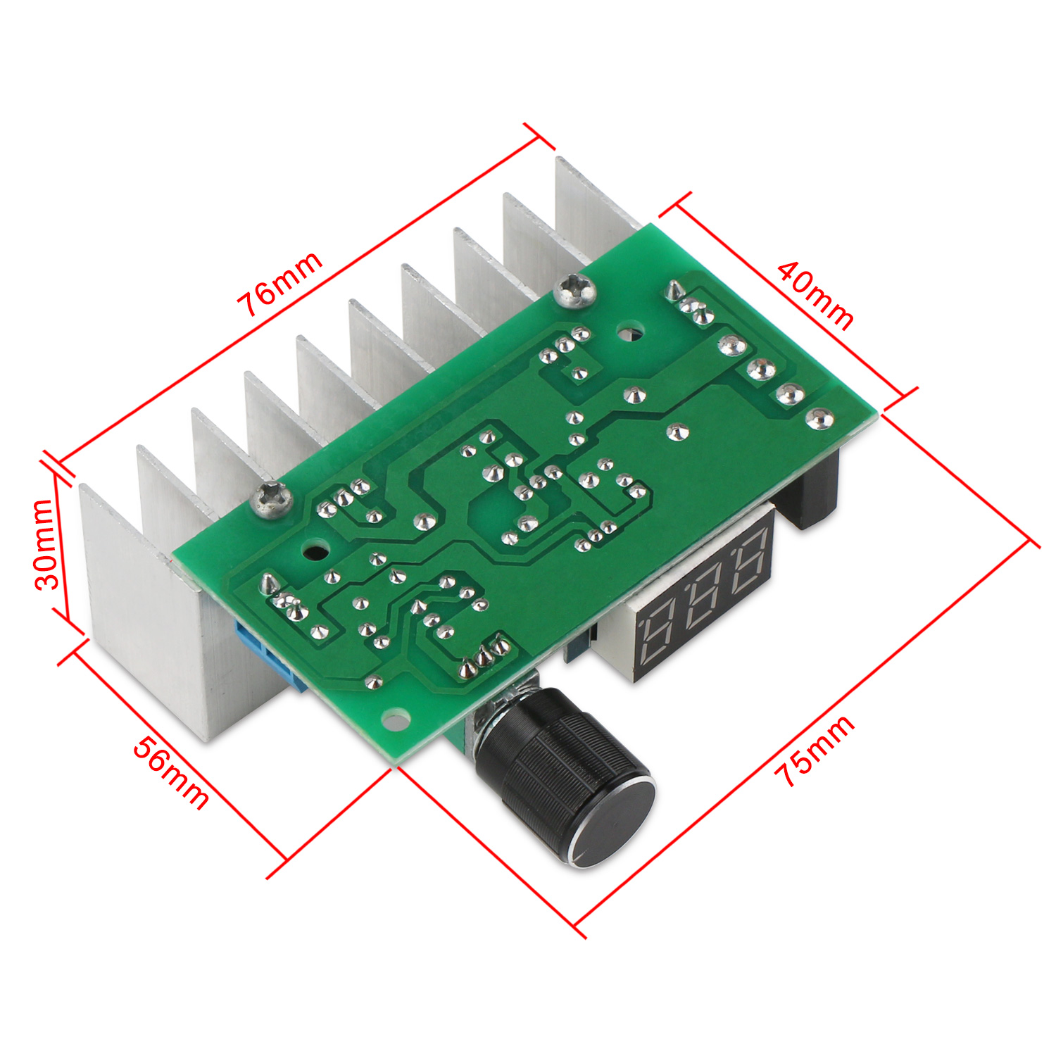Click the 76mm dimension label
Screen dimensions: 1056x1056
pos(279,284)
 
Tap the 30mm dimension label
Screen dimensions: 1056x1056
pos(44,544)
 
